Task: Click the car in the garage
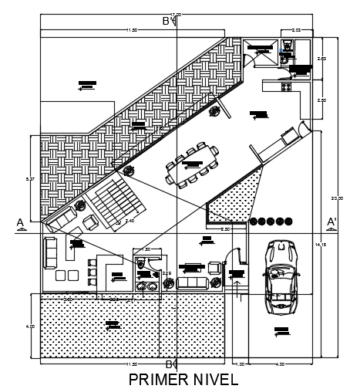coord(280,276)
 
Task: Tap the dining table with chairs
coord(192,164)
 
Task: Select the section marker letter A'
coord(331,222)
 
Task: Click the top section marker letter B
coord(166,21)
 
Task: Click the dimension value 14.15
coord(321,245)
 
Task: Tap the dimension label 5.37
coord(30,179)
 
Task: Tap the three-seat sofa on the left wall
coord(50,252)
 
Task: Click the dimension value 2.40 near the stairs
coord(130,222)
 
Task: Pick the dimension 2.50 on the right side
coord(321,100)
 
